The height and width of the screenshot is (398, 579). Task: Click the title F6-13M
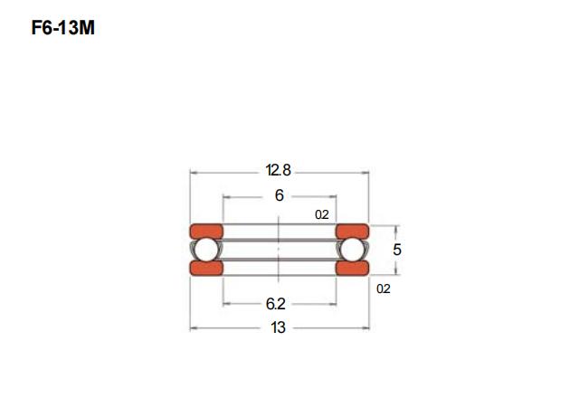(63, 28)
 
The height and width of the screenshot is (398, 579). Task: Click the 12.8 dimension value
(278, 170)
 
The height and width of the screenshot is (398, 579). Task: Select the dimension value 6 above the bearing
(280, 195)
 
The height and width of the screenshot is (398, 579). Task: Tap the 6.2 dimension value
(275, 304)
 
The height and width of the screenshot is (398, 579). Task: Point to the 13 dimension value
(278, 327)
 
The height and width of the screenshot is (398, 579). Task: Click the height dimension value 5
(397, 250)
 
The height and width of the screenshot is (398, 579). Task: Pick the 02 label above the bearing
(322, 214)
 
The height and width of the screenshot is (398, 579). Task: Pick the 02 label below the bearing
(384, 289)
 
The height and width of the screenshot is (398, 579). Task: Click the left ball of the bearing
(205, 250)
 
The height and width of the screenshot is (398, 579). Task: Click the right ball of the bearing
(352, 250)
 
